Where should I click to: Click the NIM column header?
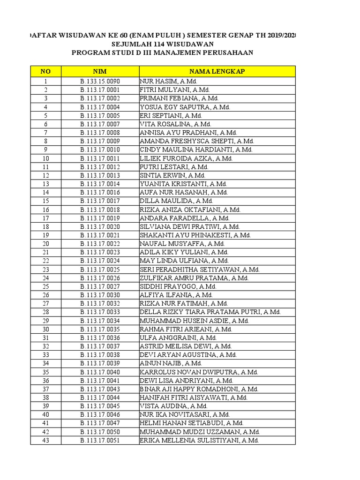[100, 71]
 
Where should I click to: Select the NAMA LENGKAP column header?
[217, 71]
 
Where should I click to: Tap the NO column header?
[45, 71]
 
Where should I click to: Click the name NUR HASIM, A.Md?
[162, 82]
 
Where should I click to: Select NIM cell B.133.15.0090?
[100, 82]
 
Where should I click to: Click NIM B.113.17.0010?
[100, 150]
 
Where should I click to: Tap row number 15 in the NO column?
[45, 201]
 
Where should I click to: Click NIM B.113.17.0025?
[100, 270]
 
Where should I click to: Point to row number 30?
[45, 330]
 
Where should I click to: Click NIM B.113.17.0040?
[100, 372]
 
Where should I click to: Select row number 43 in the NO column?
[45, 441]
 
